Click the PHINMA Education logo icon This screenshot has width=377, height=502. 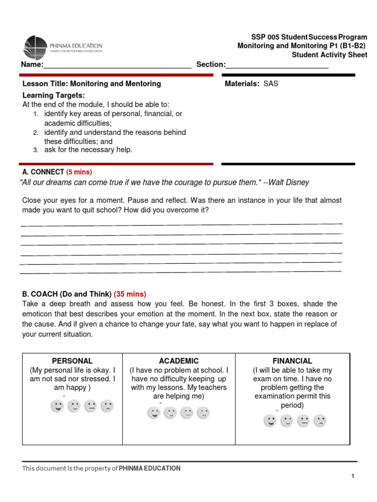click(x=36, y=48)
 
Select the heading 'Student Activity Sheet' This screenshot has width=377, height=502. click(x=329, y=55)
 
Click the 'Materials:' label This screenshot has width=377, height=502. click(x=242, y=84)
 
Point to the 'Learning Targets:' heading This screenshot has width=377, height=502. click(x=54, y=95)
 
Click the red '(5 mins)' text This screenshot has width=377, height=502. click(x=79, y=172)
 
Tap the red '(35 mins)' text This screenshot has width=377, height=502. click(x=130, y=294)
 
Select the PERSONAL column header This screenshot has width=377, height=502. click(x=72, y=361)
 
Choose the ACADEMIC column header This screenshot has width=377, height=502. click(x=179, y=361)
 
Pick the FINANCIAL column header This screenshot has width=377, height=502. click(x=293, y=361)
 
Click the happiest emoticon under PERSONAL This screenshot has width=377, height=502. click(x=57, y=406)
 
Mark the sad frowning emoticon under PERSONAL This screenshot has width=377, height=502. click(x=107, y=406)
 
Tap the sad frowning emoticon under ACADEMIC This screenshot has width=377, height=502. click(x=203, y=413)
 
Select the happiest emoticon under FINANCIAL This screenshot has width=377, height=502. click(x=269, y=421)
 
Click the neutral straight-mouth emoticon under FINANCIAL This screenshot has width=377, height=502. click(x=303, y=421)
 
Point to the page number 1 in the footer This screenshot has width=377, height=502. click(x=352, y=477)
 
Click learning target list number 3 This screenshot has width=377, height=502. click(x=36, y=151)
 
